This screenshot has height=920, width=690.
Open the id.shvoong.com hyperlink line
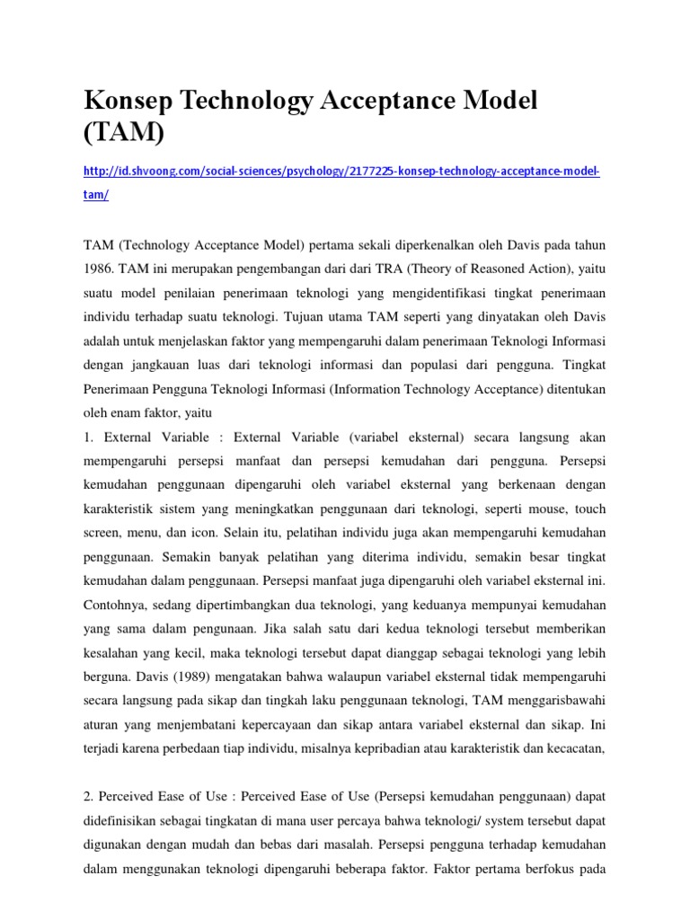click(x=341, y=172)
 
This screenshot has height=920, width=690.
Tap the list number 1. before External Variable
click(x=89, y=438)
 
